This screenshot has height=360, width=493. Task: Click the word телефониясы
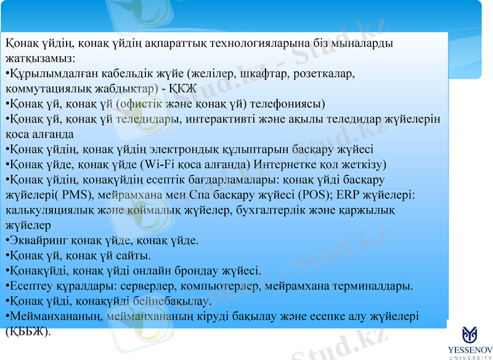290,103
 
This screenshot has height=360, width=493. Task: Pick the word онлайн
162,270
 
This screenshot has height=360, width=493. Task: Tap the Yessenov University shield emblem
470,334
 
